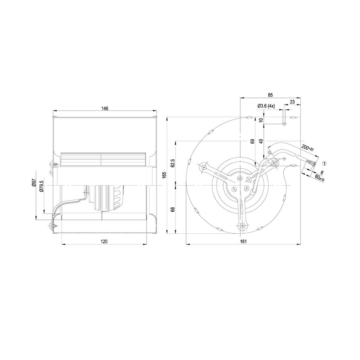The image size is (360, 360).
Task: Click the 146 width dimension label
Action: (x=104, y=108)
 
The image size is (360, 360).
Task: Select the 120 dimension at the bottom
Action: (x=104, y=241)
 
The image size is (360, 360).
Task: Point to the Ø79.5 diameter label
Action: (x=42, y=185)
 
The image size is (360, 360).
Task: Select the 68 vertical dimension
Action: (x=173, y=209)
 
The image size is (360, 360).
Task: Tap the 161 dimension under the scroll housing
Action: (x=243, y=241)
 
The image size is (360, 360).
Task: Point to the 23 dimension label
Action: (x=292, y=101)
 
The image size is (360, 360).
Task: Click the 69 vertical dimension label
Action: (x=252, y=142)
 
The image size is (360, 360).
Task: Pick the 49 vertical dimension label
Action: (x=260, y=142)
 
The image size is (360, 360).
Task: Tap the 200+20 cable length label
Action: (x=307, y=148)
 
